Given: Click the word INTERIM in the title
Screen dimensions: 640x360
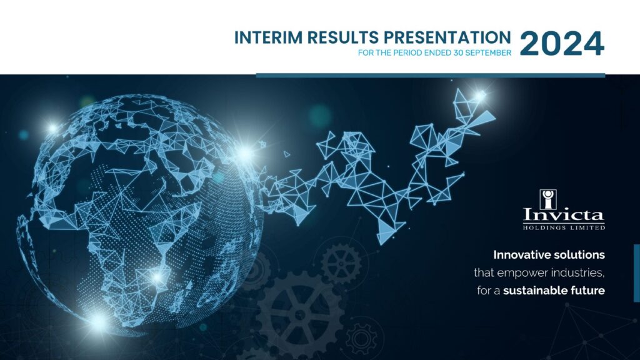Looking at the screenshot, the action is (x=269, y=37).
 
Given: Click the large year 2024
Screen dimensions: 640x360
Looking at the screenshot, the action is (x=562, y=44).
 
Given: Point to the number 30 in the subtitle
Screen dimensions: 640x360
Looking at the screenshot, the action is (x=458, y=52).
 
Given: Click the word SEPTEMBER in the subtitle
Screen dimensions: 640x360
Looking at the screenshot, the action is (x=488, y=52).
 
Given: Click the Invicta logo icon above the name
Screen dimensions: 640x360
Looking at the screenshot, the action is (x=547, y=199).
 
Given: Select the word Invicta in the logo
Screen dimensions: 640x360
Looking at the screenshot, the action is (x=564, y=215).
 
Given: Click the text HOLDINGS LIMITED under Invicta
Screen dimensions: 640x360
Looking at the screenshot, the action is (x=564, y=227).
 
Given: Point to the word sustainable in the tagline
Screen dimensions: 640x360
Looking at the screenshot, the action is (x=533, y=291).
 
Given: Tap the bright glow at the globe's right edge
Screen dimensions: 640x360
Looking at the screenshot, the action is (x=244, y=154).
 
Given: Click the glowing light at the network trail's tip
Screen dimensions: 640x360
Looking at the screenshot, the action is (x=481, y=96).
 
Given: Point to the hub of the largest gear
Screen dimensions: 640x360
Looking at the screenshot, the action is (x=300, y=315).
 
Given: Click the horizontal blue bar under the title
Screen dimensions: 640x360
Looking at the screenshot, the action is (x=430, y=75).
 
